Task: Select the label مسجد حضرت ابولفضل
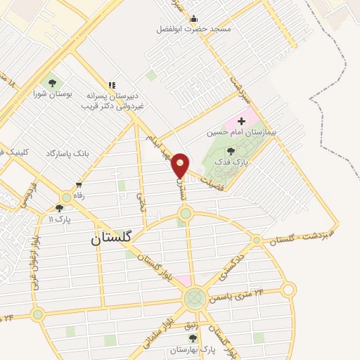[194, 30]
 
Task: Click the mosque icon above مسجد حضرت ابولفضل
[194, 18]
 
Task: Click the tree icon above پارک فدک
[231, 150]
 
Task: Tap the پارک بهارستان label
[193, 348]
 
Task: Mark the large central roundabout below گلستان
[195, 299]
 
